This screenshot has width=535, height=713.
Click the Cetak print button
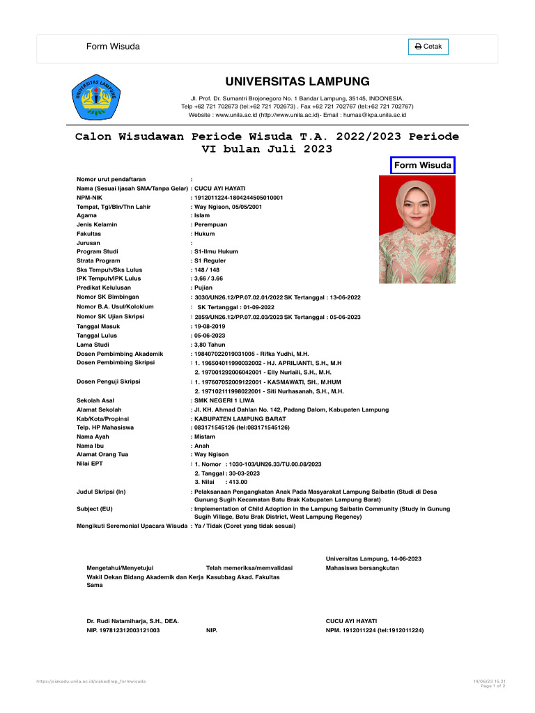pos(428,47)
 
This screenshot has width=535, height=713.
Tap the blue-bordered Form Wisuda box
pos(422,165)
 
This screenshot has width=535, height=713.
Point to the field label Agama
pos(86,216)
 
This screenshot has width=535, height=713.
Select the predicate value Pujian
pos(203,288)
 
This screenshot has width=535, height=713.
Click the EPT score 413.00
pos(238,482)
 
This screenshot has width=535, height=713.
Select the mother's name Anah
pos(202,446)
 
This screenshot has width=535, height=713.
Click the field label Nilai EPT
pos(89,464)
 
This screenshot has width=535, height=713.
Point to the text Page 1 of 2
pos(493,686)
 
